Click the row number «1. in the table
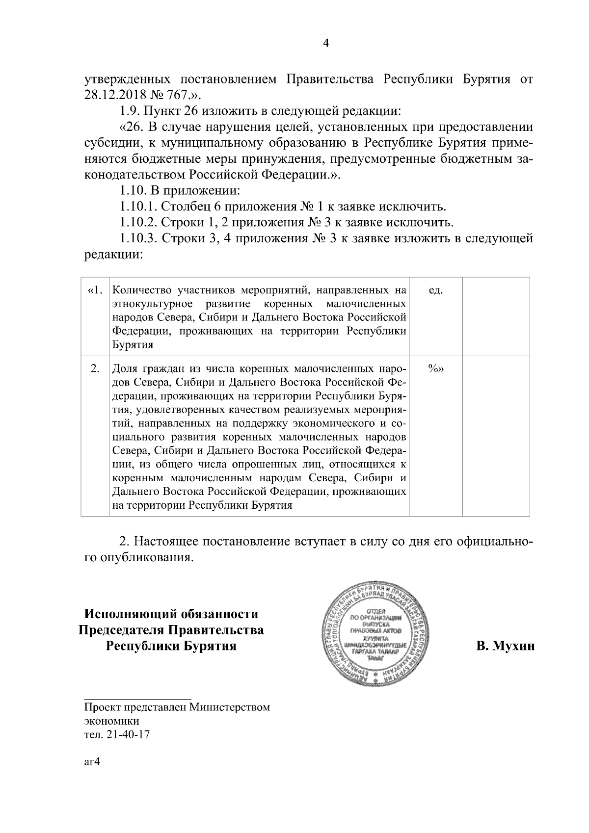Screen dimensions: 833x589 click(95, 290)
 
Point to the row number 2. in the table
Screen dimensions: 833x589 click(96, 369)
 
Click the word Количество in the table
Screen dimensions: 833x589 click(140, 290)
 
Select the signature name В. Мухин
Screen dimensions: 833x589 click(505, 647)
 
